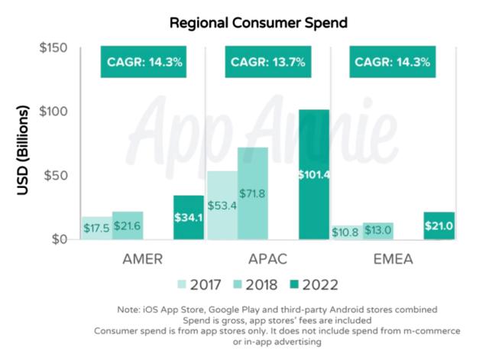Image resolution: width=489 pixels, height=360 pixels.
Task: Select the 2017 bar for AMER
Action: click(x=96, y=228)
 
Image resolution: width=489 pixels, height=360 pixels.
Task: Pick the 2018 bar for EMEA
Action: click(x=377, y=231)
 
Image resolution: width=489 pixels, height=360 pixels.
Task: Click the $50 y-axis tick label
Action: click(x=57, y=176)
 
